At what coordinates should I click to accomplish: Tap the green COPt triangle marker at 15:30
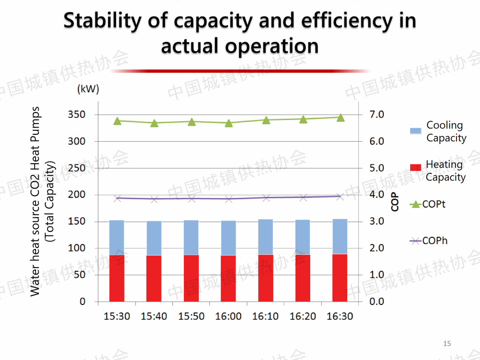(117, 121)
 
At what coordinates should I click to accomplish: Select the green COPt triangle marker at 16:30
(340, 117)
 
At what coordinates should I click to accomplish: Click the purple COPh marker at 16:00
(229, 199)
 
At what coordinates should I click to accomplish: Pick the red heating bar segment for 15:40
(154, 278)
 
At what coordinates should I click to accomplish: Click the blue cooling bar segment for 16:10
(266, 236)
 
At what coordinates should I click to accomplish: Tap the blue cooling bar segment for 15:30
(117, 237)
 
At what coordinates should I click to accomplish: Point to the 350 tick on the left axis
(76, 115)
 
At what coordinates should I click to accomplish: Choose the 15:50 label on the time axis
(192, 316)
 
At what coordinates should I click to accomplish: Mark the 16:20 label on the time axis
(303, 316)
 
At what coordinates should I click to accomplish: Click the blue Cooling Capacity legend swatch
(416, 131)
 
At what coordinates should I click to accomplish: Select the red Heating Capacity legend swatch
(416, 168)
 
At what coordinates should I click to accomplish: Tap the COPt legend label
(434, 204)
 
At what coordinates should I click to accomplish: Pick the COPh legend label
(435, 241)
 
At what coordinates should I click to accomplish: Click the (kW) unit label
(88, 89)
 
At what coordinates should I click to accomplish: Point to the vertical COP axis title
(395, 203)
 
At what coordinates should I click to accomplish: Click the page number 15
(447, 344)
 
